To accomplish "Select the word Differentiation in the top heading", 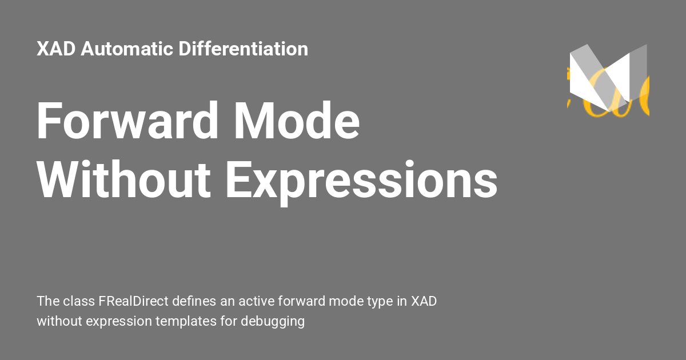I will pos(244,49).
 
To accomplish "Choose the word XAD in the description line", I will pos(424,301).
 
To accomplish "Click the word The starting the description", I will pos(47,301).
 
